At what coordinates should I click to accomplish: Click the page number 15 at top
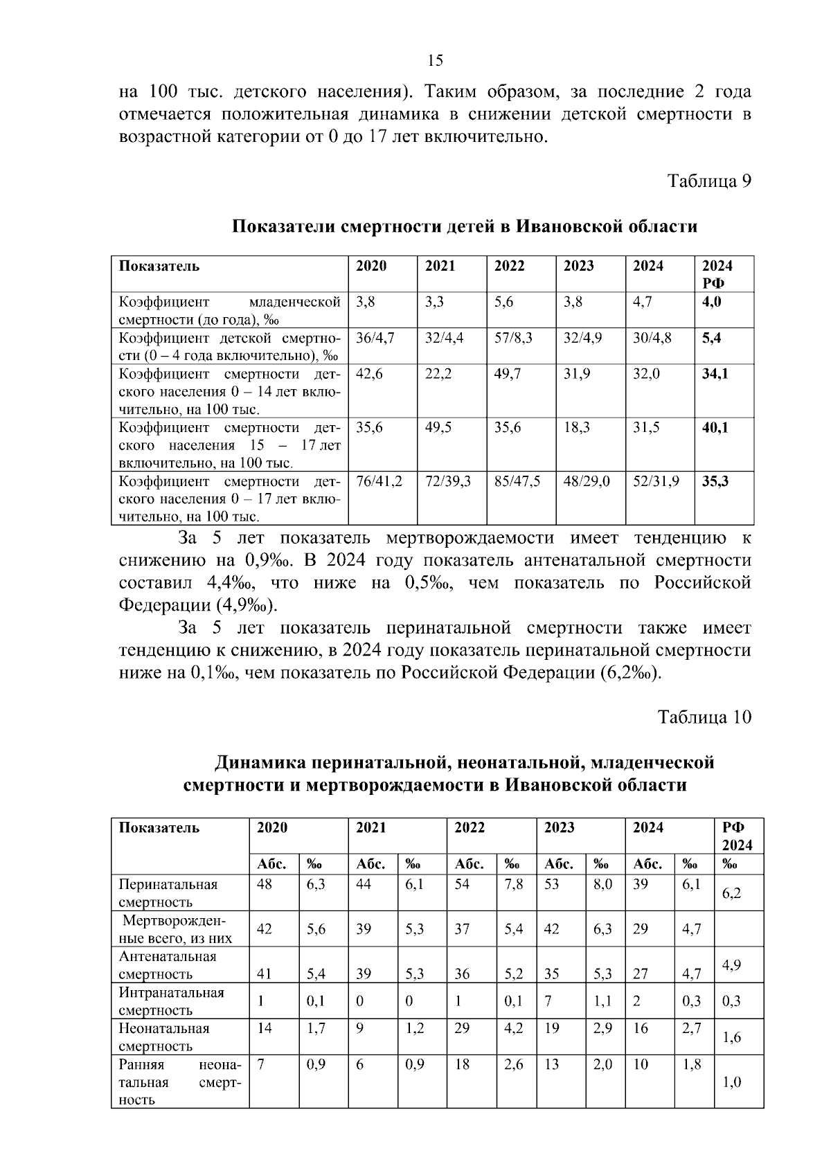435,60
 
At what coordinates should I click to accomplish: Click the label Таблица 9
708,181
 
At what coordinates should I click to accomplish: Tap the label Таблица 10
704,717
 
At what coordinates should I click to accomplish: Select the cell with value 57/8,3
513,338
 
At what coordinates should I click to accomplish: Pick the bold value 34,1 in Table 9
715,374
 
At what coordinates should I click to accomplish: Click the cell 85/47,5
517,481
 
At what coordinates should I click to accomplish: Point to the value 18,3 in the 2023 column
577,428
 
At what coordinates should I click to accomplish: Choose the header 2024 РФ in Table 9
717,274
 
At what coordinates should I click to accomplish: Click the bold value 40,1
715,428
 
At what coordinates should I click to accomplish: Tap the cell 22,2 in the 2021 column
438,374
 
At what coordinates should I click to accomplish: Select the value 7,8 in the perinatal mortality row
513,884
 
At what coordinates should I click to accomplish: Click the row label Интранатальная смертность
171,1001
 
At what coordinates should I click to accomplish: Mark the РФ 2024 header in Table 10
737,836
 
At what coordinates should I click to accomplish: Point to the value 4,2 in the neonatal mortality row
513,1028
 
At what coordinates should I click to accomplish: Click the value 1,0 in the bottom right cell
731,1082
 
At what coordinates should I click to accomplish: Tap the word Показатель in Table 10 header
159,828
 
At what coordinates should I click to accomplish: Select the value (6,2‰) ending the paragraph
630,673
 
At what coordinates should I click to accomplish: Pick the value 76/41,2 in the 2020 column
379,481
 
